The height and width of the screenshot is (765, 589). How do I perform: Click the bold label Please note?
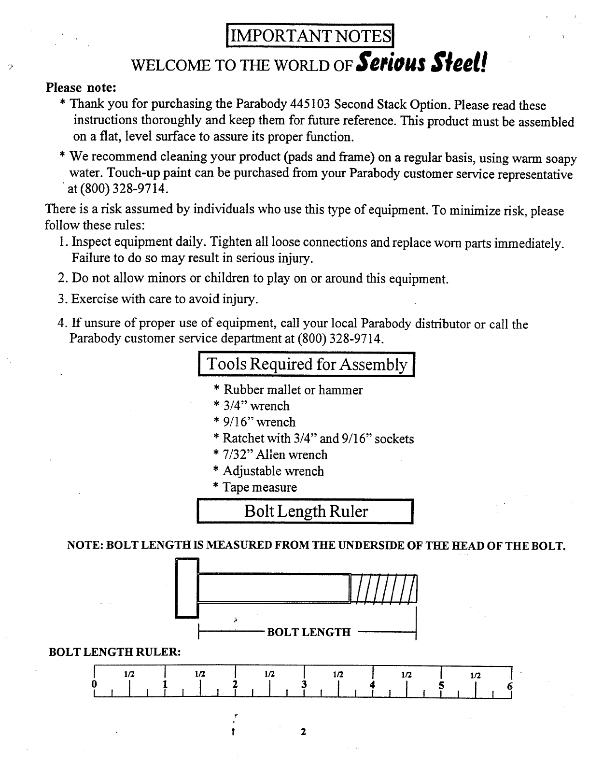(x=81, y=88)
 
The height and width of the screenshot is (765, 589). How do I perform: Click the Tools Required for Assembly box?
(x=307, y=365)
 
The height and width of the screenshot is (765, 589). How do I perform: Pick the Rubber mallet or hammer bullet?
(x=288, y=390)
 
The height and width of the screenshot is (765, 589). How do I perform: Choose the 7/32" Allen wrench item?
(x=270, y=454)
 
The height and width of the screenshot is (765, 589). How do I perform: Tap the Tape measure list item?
(x=255, y=487)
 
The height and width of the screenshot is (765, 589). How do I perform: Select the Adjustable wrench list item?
(x=268, y=471)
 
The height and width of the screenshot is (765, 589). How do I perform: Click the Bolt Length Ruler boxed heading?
(x=306, y=511)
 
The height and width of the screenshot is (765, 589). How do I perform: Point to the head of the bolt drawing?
(x=187, y=588)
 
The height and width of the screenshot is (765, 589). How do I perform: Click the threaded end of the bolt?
(x=384, y=588)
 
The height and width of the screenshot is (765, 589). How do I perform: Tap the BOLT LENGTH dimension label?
(x=309, y=632)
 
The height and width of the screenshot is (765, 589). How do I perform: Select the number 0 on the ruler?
(x=94, y=685)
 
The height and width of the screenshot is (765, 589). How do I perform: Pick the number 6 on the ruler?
(x=510, y=686)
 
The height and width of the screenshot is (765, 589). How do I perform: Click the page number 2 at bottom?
(x=303, y=732)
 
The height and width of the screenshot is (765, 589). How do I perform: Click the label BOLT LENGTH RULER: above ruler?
(x=115, y=652)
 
